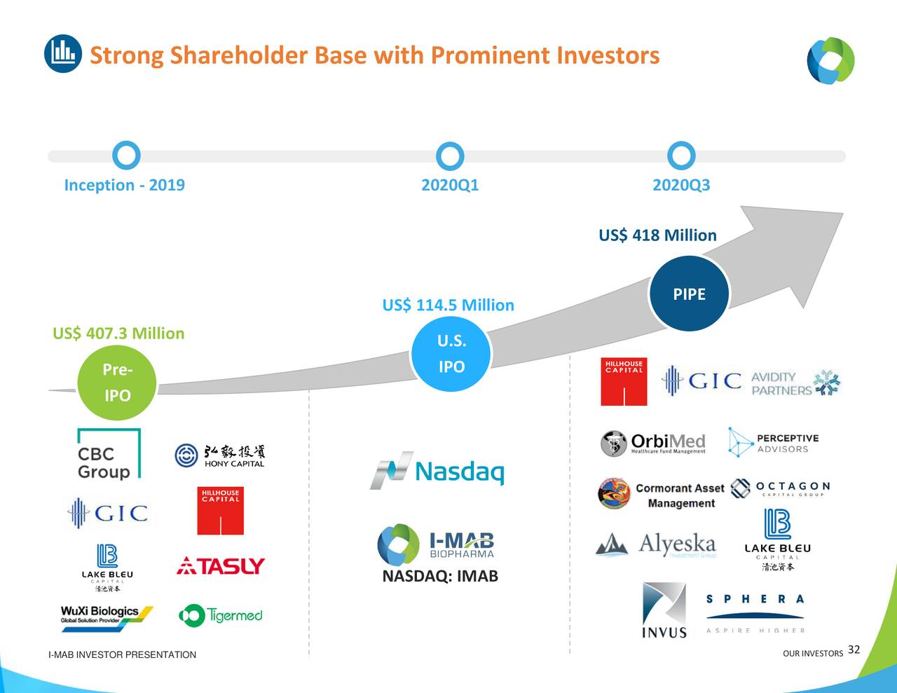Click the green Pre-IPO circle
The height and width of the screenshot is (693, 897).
tap(117, 382)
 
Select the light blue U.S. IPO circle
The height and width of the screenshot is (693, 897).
tap(451, 354)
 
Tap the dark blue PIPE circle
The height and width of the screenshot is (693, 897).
tap(689, 294)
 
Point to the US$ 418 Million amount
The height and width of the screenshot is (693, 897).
tap(657, 235)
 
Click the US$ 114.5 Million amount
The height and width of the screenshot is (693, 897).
tap(448, 306)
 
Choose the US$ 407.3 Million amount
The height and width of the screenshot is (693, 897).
tap(118, 334)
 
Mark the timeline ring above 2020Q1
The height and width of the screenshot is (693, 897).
tap(449, 156)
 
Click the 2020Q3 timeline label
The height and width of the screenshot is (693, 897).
tap(680, 185)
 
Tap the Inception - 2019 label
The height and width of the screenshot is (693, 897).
tap(124, 185)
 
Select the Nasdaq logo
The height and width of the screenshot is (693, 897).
tap(437, 470)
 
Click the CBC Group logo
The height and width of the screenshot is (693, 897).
tap(108, 454)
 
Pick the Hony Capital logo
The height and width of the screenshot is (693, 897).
tap(220, 455)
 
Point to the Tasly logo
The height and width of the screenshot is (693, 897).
tap(220, 565)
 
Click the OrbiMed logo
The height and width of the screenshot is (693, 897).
tap(653, 444)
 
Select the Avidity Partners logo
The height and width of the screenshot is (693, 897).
tap(795, 383)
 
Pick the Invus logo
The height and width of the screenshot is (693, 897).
tap(664, 610)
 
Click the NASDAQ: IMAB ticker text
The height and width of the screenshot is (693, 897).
tap(440, 577)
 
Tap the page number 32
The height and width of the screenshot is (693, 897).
tap(854, 650)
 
